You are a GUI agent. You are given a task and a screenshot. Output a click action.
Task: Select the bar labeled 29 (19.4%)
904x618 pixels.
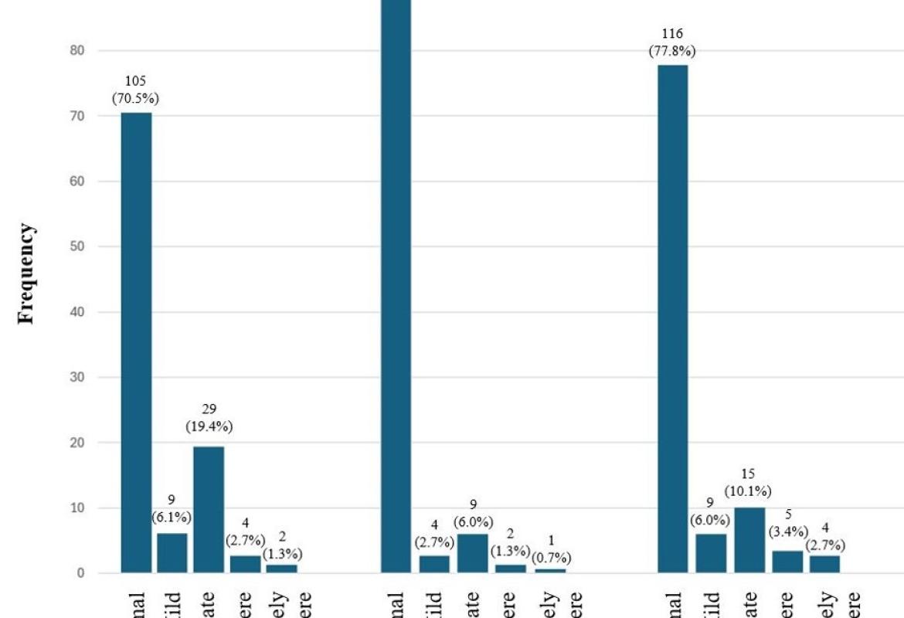(209, 510)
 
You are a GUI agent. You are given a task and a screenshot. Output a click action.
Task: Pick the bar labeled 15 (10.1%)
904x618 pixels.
(749, 540)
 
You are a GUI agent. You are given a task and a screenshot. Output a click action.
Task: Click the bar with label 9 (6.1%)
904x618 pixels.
(172, 553)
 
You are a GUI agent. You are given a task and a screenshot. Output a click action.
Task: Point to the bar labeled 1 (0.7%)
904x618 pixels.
(550, 571)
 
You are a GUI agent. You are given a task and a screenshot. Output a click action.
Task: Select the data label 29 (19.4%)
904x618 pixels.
(209, 418)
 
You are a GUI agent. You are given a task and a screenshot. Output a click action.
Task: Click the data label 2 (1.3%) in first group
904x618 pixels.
(282, 547)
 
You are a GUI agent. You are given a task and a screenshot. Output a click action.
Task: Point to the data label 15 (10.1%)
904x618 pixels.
(748, 483)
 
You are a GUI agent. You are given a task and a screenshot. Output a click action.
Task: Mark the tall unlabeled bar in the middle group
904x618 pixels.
(396, 286)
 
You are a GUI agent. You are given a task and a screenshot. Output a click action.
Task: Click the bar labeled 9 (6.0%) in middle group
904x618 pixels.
(473, 553)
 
